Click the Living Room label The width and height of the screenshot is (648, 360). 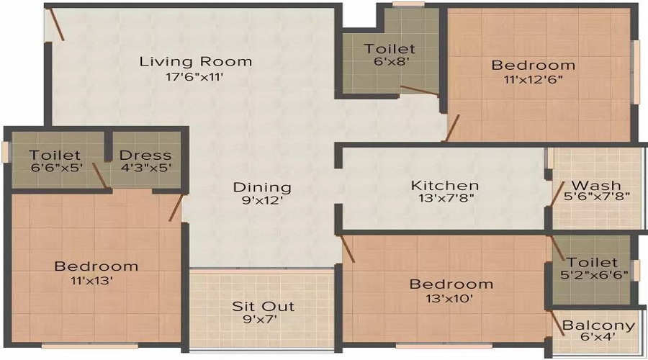click(195, 62)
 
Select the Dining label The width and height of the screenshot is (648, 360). click(262, 187)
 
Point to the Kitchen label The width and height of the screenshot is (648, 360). click(445, 186)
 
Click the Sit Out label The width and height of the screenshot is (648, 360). click(264, 306)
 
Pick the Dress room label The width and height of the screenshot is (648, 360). click(145, 156)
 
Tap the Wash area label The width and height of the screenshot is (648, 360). click(596, 185)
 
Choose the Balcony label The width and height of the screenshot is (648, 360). click(598, 325)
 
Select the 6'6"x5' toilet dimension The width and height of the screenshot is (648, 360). click(57, 168)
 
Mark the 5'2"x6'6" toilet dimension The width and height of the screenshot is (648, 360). click(594, 275)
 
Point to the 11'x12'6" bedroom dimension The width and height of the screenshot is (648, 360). click(533, 79)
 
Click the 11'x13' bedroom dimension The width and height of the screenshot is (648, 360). click(92, 281)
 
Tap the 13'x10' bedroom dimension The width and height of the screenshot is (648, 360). click(449, 298)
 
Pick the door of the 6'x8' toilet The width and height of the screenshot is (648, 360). click(420, 91)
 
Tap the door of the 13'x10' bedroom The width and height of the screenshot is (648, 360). click(346, 249)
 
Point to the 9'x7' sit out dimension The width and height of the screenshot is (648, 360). click(260, 319)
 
